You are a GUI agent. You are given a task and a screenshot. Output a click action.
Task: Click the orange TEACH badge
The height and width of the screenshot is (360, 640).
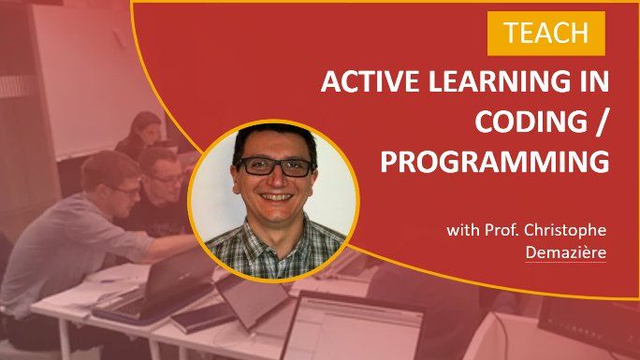click(546, 34)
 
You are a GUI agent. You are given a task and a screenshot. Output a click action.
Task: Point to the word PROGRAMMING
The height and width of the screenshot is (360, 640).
click(495, 162)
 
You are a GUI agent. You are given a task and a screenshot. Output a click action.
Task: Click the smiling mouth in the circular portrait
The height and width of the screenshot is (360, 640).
click(277, 200)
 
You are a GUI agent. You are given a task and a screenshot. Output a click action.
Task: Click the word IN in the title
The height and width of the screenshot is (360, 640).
click(593, 82)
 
